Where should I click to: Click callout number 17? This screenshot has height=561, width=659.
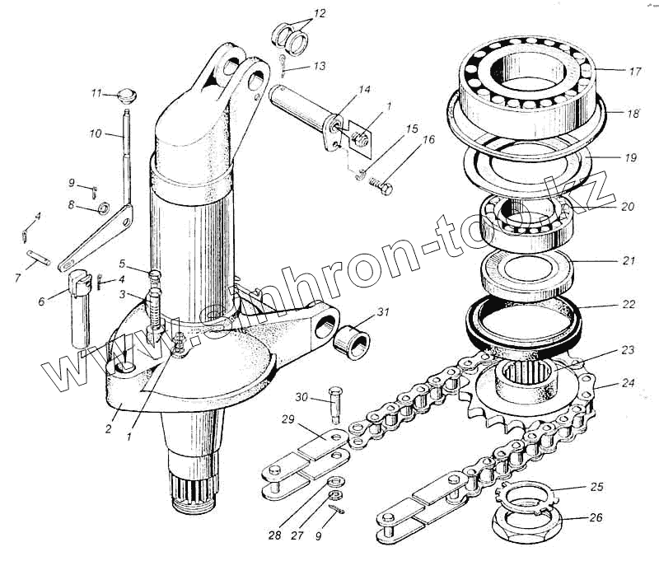coord(634,72)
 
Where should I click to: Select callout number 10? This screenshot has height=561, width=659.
coord(95,132)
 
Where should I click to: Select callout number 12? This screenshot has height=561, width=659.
coord(320,14)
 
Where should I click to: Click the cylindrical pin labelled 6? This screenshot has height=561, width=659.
coord(79,305)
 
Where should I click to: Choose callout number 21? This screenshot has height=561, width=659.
coord(628,261)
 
